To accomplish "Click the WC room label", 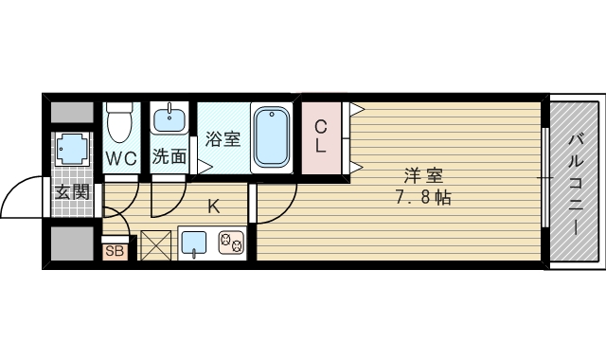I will click(120, 157).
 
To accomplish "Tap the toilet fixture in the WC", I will click(119, 122).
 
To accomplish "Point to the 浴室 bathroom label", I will click(223, 138).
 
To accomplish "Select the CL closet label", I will click(321, 136).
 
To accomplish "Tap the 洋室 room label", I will click(423, 175).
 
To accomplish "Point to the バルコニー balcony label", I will click(575, 185).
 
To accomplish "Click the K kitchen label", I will click(213, 207).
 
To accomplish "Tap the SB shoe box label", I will click(115, 251).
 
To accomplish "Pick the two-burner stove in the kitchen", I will click(231, 244).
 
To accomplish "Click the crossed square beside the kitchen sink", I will click(155, 244).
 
